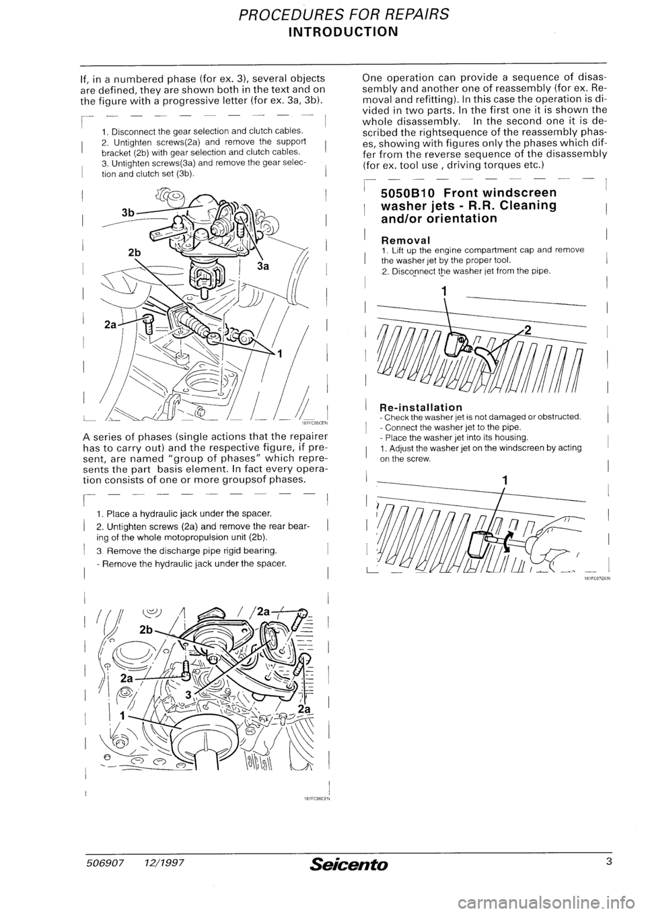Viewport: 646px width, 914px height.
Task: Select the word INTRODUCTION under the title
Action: tap(322, 32)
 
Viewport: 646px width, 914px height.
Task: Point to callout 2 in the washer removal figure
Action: tap(528, 330)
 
